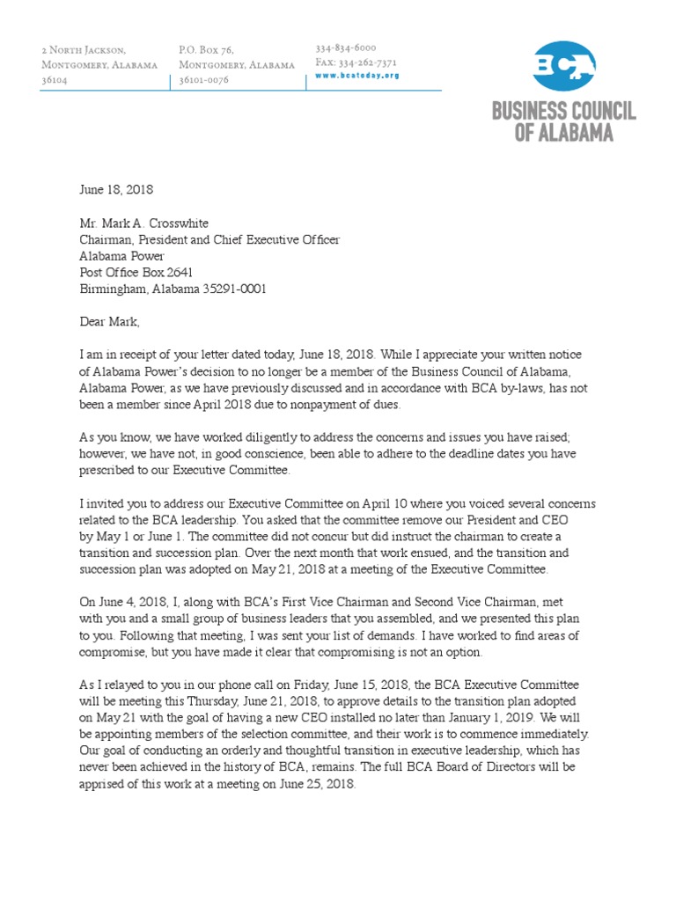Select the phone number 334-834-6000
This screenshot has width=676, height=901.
(346, 48)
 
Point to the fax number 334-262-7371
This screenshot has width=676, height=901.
(356, 62)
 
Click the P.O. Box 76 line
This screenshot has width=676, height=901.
(206, 50)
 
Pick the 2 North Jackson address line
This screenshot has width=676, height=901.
(84, 50)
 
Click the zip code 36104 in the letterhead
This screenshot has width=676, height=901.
(54, 80)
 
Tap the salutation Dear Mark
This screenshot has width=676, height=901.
(109, 322)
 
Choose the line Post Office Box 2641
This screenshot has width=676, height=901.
(136, 273)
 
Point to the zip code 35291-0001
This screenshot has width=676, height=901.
(234, 289)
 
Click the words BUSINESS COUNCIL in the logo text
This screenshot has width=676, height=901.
(563, 112)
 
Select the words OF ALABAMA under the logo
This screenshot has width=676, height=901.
(563, 132)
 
